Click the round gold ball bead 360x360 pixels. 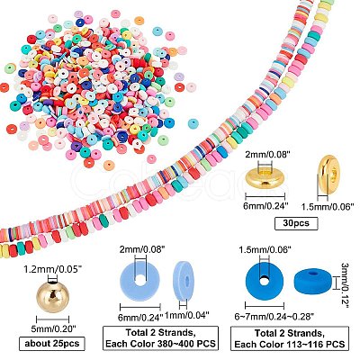52,296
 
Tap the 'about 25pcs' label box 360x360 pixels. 52,344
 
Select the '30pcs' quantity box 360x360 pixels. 296,223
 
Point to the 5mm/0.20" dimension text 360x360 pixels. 53,328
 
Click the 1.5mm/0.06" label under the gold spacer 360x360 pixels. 328,206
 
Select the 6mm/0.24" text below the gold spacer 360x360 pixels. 266,205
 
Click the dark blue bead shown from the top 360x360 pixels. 265,281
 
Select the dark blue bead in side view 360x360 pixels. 314,280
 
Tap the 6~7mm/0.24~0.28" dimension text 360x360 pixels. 274,316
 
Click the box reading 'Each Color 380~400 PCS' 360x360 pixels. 160,338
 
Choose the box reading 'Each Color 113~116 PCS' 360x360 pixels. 290,338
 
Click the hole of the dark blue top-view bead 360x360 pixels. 265,281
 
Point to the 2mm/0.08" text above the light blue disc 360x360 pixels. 140,248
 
